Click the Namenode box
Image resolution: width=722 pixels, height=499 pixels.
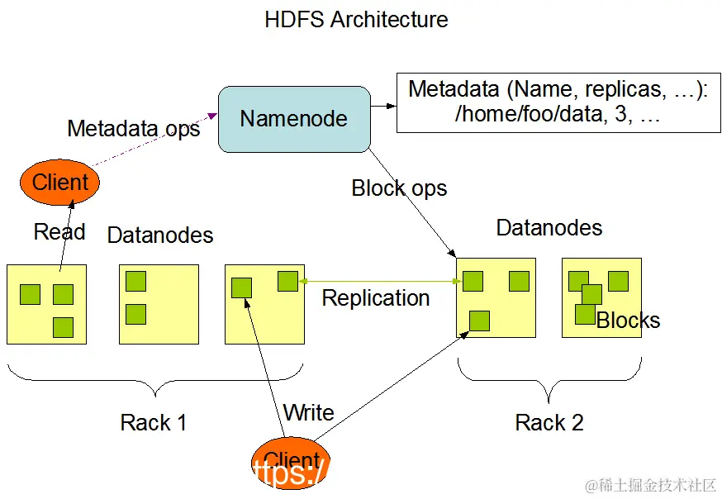293,119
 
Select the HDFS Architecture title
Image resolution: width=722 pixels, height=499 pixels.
356,20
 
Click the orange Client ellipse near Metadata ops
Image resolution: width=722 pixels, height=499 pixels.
59,182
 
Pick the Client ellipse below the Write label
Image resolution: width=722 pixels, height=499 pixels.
290,462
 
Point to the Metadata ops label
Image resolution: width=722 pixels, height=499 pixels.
133,129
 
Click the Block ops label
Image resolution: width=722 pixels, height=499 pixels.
399,188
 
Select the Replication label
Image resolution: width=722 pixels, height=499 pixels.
376,298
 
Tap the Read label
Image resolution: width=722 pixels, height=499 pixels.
59,232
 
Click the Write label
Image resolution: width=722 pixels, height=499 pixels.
308,412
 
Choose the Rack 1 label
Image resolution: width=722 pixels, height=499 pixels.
154,423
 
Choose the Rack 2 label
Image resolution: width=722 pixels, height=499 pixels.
549,423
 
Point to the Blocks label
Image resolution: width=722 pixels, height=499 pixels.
629,321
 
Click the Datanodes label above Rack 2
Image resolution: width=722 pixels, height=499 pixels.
549,228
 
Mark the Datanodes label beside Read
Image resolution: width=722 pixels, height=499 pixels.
160,235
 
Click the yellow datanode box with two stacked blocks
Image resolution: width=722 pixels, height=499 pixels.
159,303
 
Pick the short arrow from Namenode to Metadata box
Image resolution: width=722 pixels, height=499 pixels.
382,106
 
